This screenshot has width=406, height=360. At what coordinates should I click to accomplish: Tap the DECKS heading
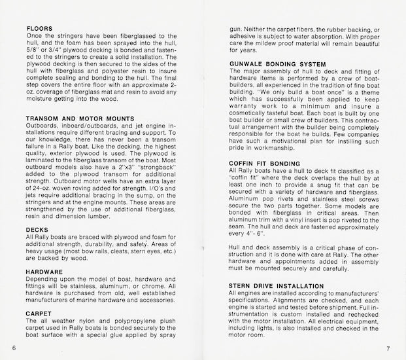[37, 230]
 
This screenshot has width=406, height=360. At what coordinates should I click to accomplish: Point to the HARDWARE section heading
[44, 271]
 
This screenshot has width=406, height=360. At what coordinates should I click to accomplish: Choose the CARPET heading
[40, 313]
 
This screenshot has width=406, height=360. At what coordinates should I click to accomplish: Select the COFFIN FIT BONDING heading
[265, 162]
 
